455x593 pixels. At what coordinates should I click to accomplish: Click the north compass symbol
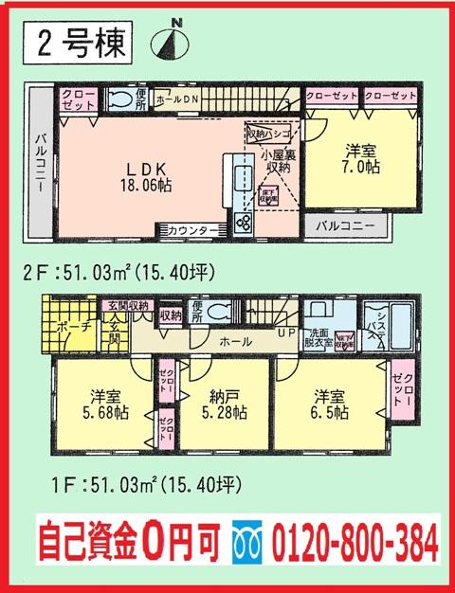point(176,40)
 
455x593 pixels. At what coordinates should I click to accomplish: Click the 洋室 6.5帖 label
point(326,405)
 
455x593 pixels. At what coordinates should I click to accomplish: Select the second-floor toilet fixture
point(121,99)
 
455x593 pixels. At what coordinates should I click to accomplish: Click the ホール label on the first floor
point(234,340)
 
